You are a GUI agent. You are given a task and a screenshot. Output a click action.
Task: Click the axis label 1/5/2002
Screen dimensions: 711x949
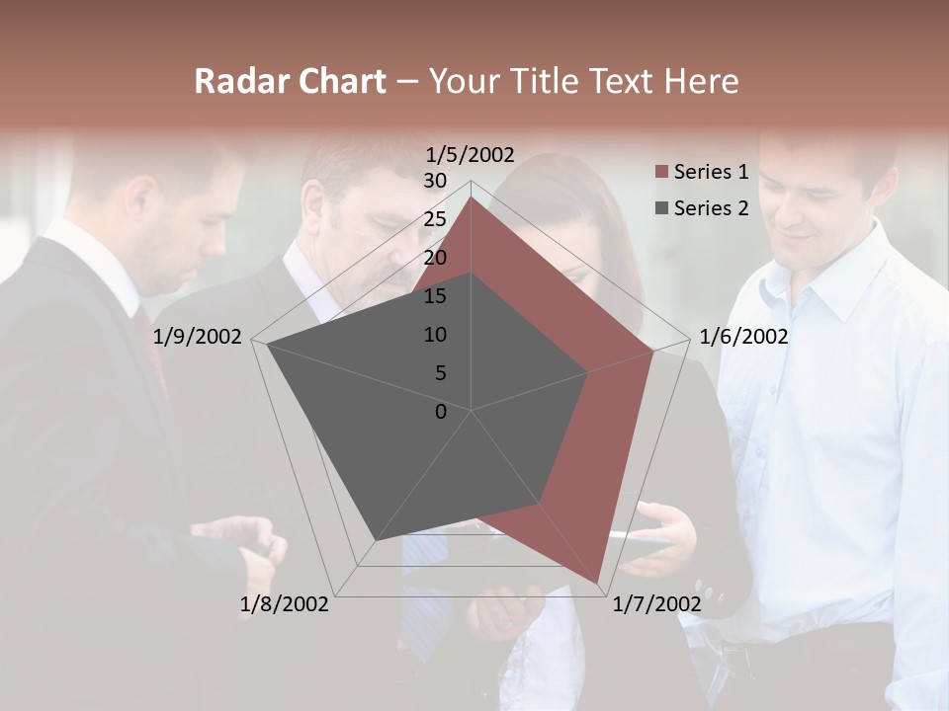pos(471,154)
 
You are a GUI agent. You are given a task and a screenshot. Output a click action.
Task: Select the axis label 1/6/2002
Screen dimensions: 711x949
pos(743,337)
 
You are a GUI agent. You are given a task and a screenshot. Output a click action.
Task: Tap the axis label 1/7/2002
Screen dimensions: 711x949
pos(656,604)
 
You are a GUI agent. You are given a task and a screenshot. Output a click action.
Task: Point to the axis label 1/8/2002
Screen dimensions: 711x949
pos(285,604)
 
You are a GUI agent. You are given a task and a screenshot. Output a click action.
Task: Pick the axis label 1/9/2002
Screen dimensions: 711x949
pos(198,337)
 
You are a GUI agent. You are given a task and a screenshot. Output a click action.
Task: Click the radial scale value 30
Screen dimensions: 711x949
pos(435,181)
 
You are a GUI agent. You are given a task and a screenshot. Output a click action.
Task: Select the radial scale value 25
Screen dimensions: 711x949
pos(435,219)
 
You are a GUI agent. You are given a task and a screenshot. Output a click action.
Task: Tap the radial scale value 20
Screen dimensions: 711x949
pos(435,258)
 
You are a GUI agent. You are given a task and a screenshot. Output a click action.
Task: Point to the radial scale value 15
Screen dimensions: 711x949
pos(435,296)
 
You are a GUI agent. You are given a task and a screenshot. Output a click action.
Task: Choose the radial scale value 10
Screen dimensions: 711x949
pos(435,335)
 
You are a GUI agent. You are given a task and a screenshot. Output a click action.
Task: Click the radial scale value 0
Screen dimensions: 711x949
pos(441,412)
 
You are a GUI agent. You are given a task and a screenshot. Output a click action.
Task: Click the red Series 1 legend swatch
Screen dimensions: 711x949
pos(661,173)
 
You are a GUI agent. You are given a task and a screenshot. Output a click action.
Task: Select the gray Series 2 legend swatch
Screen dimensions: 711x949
pos(661,208)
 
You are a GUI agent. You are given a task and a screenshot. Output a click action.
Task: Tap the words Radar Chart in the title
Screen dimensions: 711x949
pos(290,81)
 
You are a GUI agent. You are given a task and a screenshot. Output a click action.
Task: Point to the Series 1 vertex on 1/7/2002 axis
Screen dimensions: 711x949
pos(597,583)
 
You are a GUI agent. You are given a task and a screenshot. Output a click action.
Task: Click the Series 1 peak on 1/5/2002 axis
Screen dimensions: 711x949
pos(472,197)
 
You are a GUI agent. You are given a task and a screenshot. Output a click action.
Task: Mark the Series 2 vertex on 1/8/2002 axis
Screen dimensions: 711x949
pos(375,540)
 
